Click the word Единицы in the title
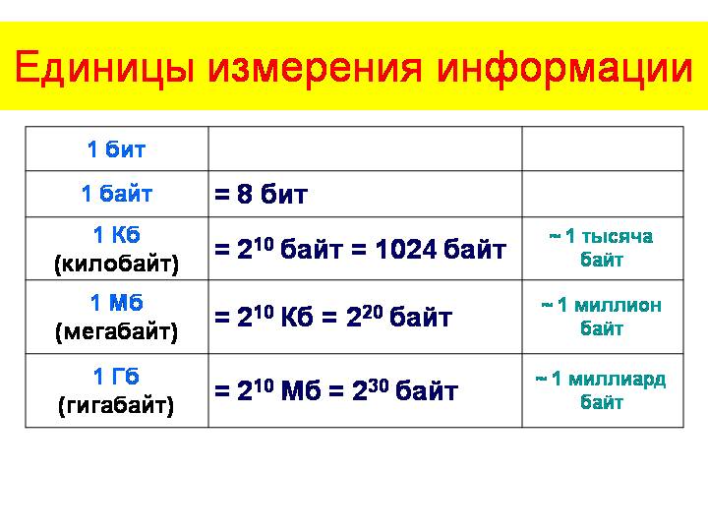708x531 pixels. [105, 68]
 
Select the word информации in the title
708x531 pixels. [564, 69]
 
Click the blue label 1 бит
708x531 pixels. [116, 149]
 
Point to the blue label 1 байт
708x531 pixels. [116, 194]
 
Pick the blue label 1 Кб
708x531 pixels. [116, 235]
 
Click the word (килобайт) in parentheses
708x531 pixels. [116, 264]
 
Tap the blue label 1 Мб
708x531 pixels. [116, 303]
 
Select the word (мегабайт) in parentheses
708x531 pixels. [116, 332]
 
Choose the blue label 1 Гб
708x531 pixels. [116, 376]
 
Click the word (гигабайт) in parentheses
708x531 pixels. [116, 405]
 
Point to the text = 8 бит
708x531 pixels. [261, 194]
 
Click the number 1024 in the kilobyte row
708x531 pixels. [406, 249]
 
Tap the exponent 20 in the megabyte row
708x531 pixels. [373, 312]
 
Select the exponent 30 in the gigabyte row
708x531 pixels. [378, 385]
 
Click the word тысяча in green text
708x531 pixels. [618, 236]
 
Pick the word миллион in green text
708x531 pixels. [618, 306]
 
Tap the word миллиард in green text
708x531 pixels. [618, 380]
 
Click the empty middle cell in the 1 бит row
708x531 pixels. [365, 148]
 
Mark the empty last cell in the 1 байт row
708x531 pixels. [603, 194]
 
